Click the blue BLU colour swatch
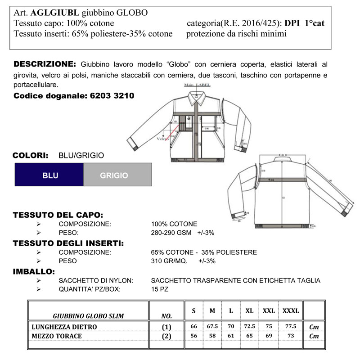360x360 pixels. click(x=49, y=175)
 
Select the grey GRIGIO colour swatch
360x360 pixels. click(x=114, y=175)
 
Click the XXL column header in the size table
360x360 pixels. click(x=269, y=311)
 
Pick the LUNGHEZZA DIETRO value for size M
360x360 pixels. click(x=212, y=327)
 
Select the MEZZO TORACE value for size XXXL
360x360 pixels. click(x=291, y=336)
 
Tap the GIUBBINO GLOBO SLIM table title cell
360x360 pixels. click(x=88, y=315)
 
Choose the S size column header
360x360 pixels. click(x=194, y=311)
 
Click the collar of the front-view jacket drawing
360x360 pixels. click(x=197, y=95)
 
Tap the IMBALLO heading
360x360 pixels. click(x=34, y=271)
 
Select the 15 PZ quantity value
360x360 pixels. click(x=160, y=289)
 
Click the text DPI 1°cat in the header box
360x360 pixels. click(x=305, y=23)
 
